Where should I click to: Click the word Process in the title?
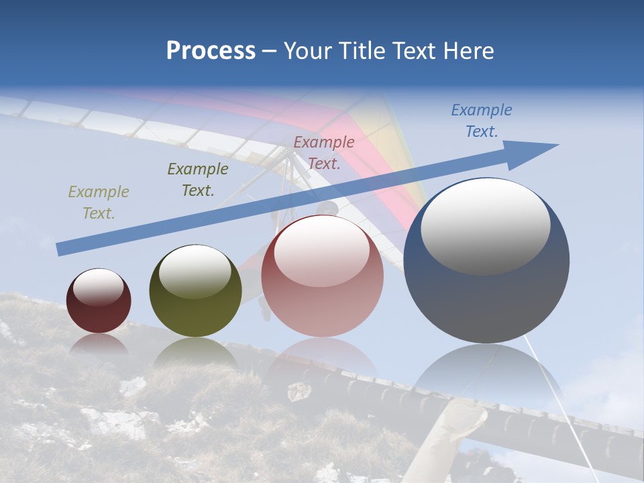point(211,51)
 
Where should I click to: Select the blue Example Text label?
point(481,121)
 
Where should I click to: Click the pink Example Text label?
point(323,153)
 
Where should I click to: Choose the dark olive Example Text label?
point(197,180)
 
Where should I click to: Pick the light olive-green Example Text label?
point(98,203)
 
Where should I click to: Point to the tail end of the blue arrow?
point(60,249)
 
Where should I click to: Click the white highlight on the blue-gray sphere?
point(485,226)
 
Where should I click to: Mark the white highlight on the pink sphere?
point(321,251)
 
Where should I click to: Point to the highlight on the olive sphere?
point(195,272)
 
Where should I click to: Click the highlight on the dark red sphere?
point(98,287)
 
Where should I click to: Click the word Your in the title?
point(309,51)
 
